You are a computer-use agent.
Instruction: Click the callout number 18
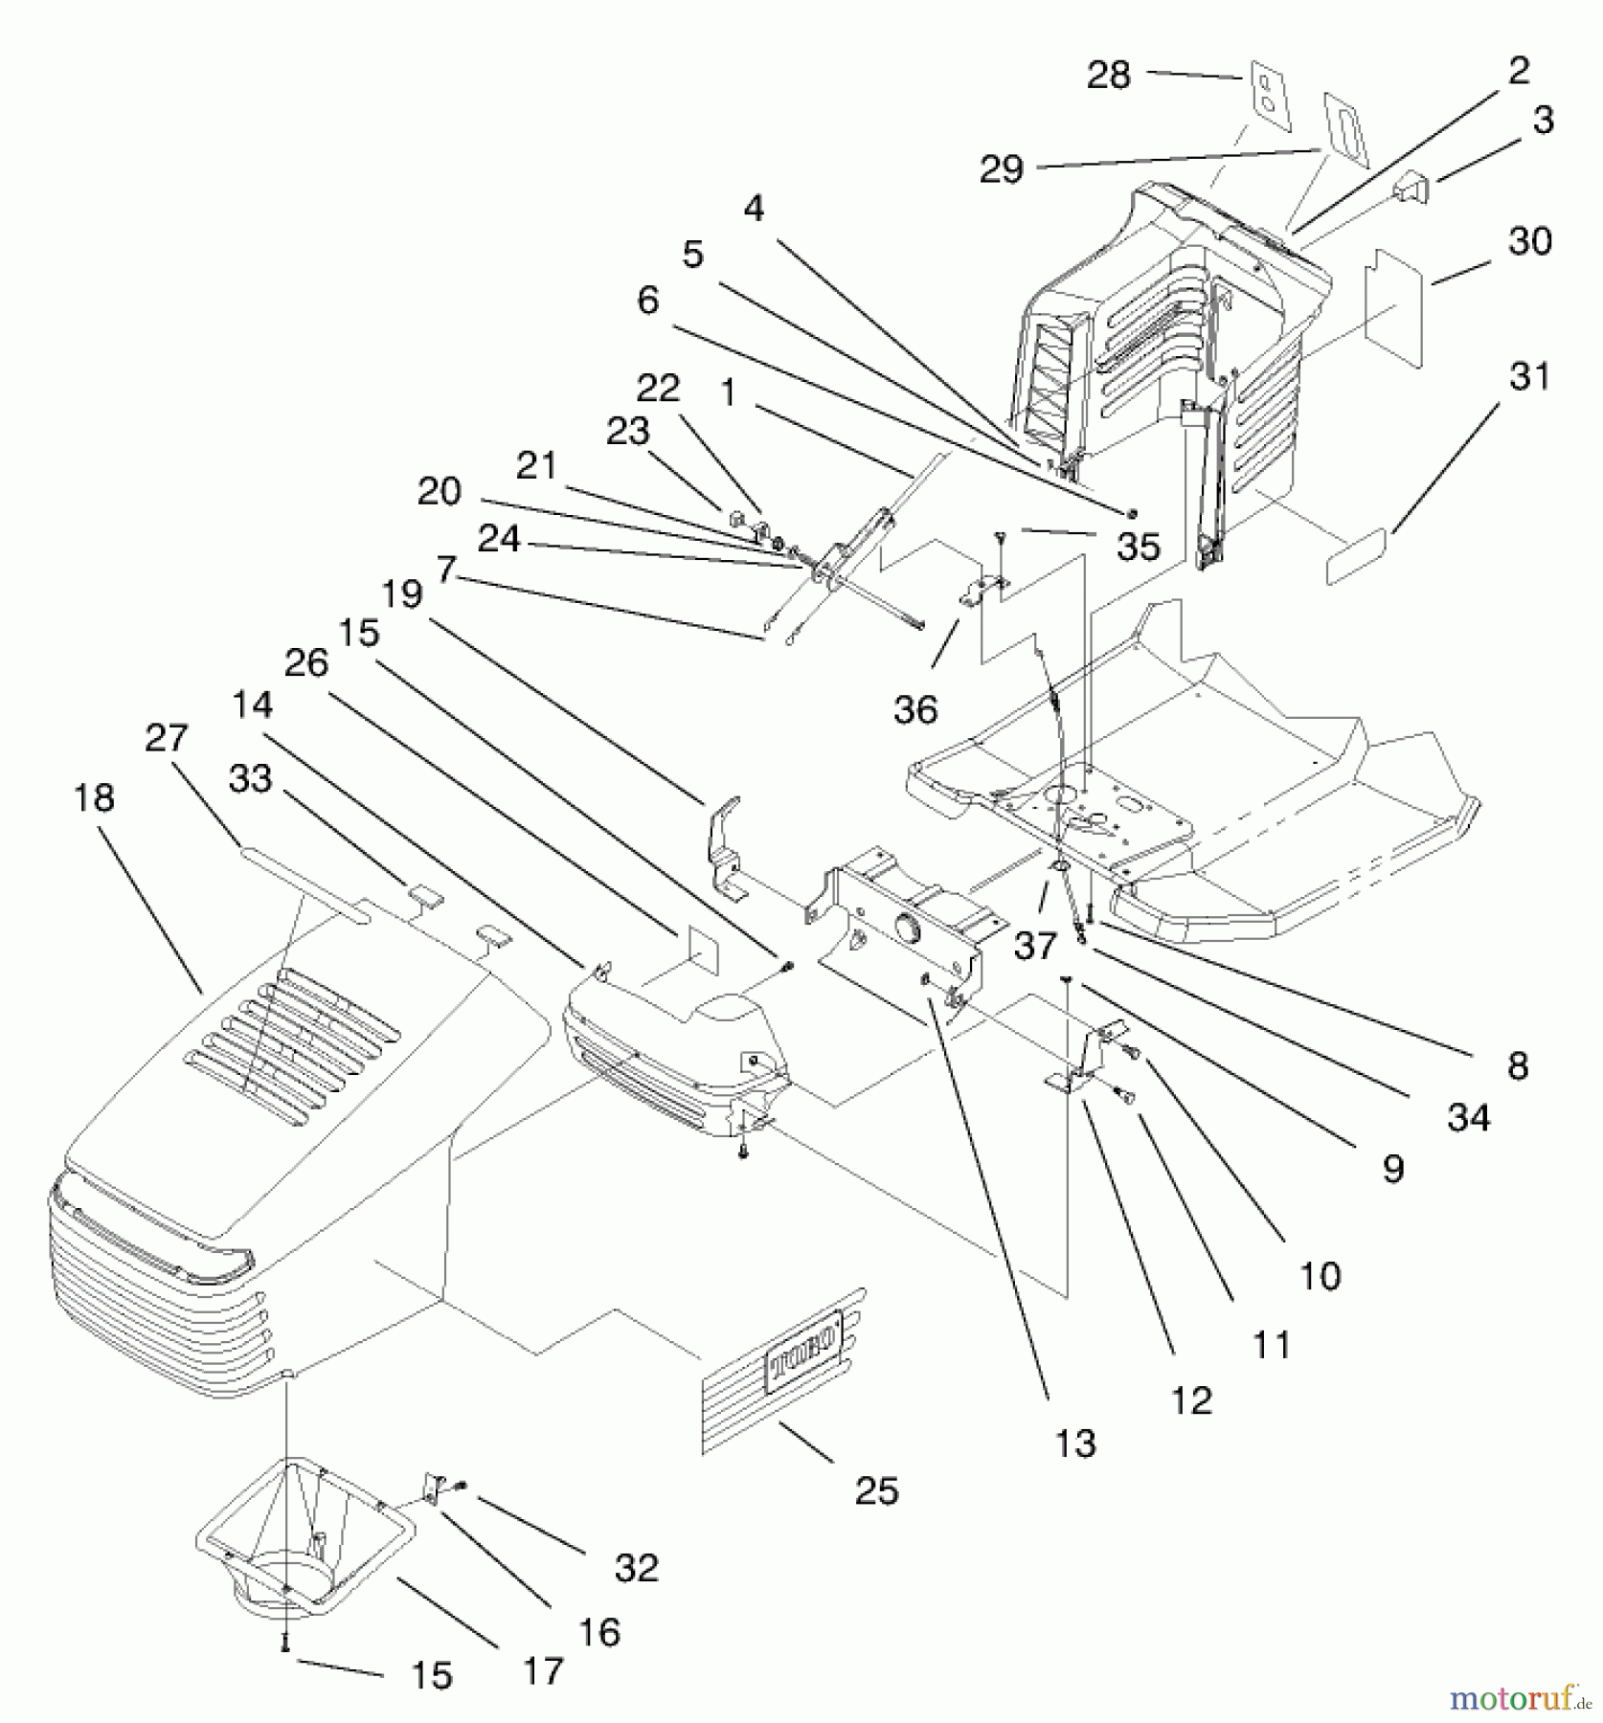click(x=94, y=798)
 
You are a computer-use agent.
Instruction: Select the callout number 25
click(x=876, y=1490)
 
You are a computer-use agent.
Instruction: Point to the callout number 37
click(x=1034, y=946)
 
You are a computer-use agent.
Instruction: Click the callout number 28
click(x=1108, y=75)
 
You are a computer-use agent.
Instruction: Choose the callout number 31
click(x=1529, y=376)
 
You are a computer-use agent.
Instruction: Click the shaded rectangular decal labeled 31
click(x=1355, y=557)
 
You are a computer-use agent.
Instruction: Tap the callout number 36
click(x=915, y=709)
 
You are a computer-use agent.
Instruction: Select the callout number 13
click(x=1074, y=1443)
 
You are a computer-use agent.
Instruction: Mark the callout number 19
click(x=402, y=593)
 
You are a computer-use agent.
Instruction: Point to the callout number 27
click(x=167, y=738)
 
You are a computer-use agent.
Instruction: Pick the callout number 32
click(x=636, y=1568)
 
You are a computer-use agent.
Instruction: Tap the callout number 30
click(x=1529, y=241)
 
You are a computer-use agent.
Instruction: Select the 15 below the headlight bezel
click(x=431, y=1675)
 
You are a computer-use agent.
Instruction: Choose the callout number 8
click(x=1517, y=1065)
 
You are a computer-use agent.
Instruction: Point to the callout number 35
click(x=1138, y=547)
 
